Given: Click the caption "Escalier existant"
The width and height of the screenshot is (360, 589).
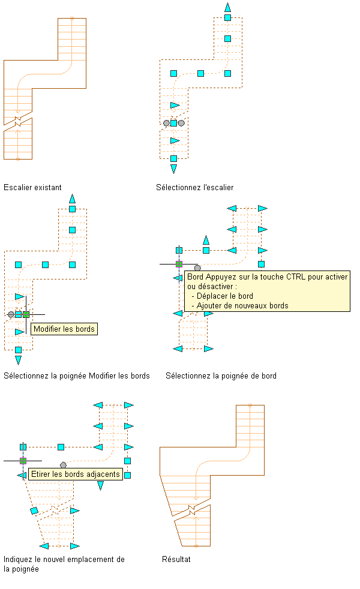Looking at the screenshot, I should [32, 187].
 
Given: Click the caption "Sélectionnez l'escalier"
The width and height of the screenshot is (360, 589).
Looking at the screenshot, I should [194, 187].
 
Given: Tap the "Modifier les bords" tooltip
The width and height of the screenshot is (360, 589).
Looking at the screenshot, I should [64, 329].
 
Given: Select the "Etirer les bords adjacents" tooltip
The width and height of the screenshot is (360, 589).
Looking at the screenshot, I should [76, 474].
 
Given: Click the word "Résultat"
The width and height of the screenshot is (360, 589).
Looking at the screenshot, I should [176, 559].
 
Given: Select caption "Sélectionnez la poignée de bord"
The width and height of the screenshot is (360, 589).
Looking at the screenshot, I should [221, 376].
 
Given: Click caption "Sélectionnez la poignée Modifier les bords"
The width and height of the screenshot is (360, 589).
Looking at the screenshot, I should [77, 376].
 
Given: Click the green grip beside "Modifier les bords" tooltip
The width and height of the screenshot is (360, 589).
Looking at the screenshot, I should [26, 314].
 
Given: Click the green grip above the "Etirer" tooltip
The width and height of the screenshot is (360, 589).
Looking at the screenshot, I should [23, 461].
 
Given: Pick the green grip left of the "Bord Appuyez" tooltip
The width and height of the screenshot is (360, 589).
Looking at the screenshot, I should [179, 263].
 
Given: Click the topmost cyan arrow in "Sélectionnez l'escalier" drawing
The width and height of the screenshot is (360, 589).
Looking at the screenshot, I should [227, 7].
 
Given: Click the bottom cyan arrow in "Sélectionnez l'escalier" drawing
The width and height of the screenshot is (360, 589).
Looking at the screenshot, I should [173, 169].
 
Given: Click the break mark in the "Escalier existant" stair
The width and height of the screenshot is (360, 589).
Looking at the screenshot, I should [18, 121].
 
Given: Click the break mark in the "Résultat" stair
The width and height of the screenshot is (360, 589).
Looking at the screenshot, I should [191, 510].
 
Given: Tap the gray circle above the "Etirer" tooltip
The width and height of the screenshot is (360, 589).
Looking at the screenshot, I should [63, 465].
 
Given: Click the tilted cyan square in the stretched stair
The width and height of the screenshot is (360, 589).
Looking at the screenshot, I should [34, 510].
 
